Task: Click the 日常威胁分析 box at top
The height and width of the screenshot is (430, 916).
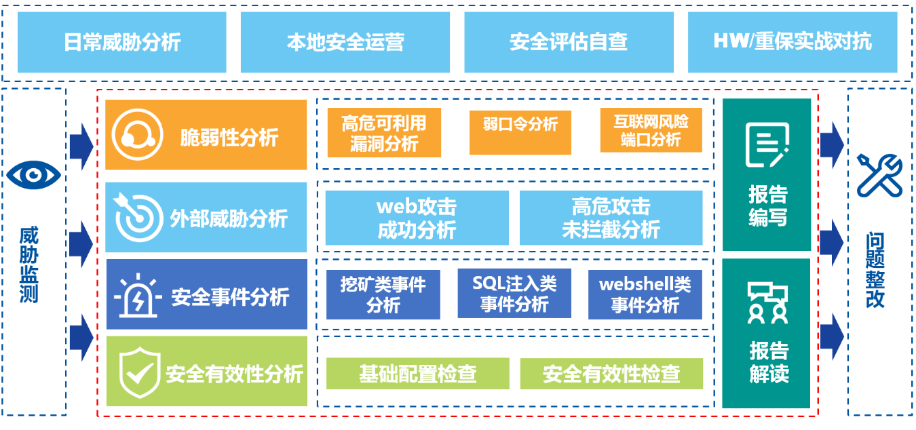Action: click(x=122, y=42)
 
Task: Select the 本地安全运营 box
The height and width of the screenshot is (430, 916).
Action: click(x=345, y=42)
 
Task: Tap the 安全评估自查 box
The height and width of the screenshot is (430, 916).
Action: click(x=569, y=42)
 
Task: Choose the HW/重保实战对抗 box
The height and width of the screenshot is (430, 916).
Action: click(x=792, y=42)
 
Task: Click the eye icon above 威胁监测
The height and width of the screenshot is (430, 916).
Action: click(x=33, y=176)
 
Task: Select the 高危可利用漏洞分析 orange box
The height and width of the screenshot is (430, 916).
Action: click(x=384, y=133)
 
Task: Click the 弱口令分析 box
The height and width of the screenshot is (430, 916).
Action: click(x=520, y=124)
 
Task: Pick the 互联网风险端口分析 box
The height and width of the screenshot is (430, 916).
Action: click(x=651, y=131)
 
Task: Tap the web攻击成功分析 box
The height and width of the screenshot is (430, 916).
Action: click(x=417, y=218)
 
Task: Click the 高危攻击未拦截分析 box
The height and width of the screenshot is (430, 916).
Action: click(x=611, y=218)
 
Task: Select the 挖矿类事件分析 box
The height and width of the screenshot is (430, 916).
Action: click(x=383, y=294)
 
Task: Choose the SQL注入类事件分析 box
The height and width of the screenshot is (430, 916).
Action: click(x=514, y=293)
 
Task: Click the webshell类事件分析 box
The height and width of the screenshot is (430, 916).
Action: click(x=645, y=294)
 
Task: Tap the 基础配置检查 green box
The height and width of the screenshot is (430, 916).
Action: click(x=417, y=374)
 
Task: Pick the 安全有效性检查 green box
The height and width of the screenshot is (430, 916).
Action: click(x=611, y=374)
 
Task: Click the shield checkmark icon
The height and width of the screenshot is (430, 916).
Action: click(x=138, y=371)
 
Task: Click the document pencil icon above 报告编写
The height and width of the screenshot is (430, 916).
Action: click(x=767, y=144)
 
